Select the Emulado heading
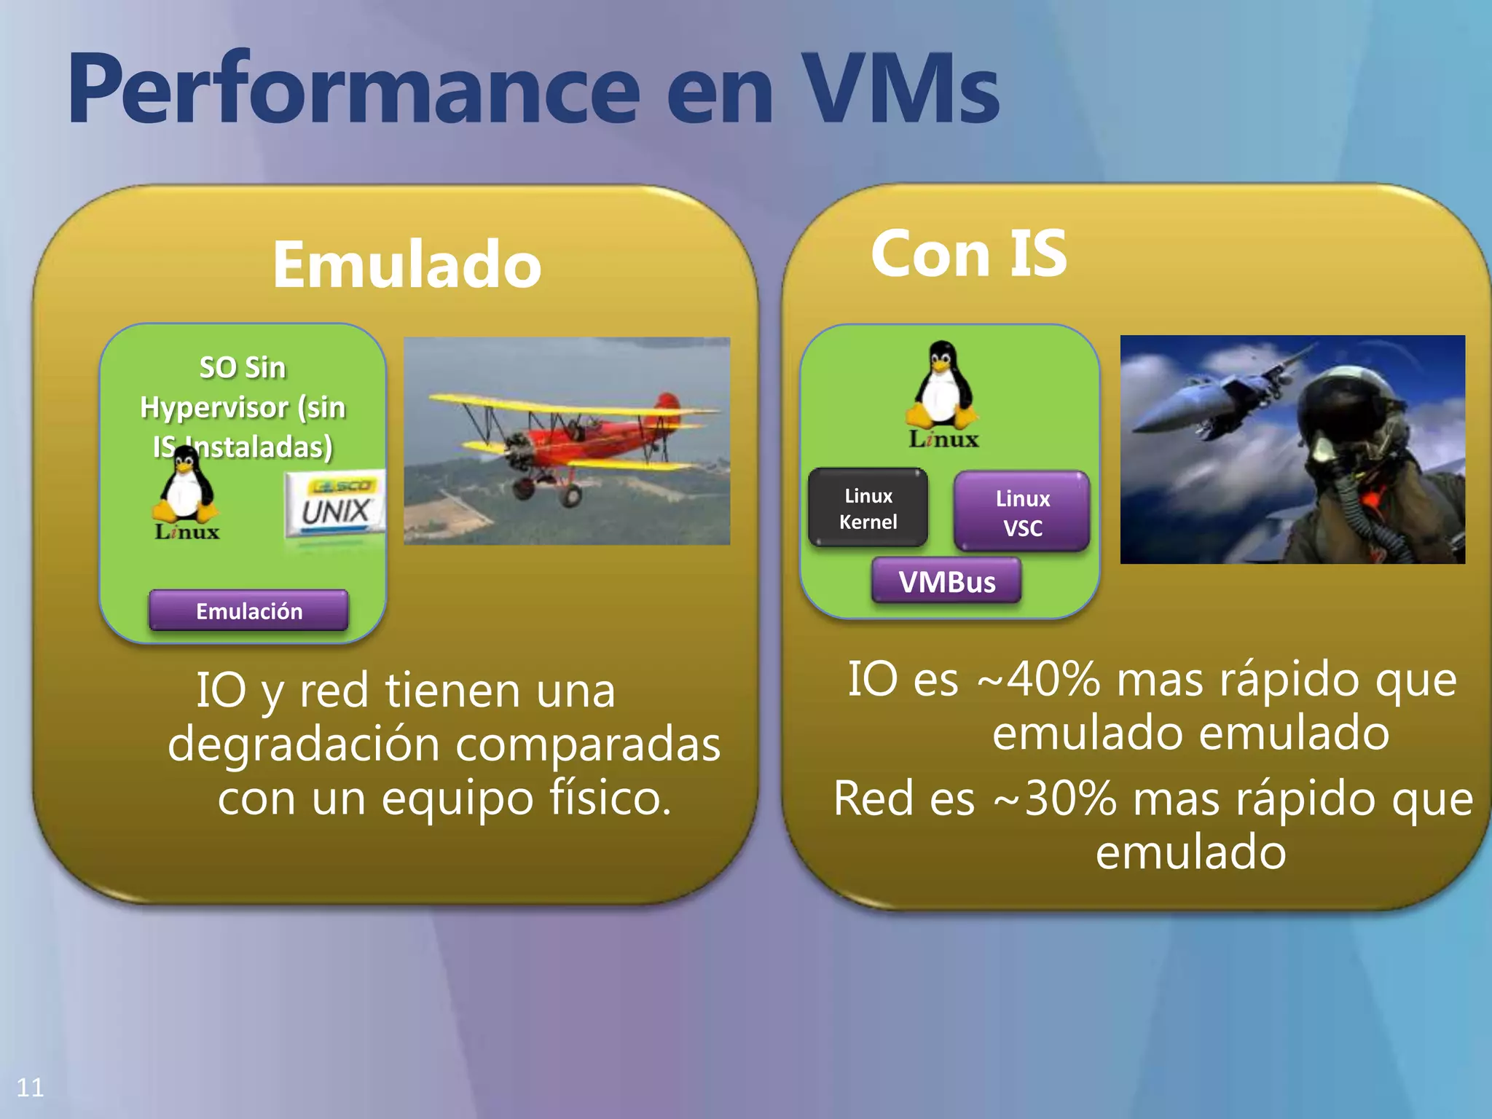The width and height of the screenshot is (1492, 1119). point(407,264)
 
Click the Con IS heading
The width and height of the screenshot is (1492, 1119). point(968,254)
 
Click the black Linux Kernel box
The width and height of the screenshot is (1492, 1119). point(868,509)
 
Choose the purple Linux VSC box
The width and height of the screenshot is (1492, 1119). point(1022,512)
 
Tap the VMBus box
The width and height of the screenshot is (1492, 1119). point(946,581)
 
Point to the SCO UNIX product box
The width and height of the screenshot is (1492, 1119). point(335,506)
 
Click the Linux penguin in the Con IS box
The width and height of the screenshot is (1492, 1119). point(942,386)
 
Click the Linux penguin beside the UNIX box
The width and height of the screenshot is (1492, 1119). point(186,488)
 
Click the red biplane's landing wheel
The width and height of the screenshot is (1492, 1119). point(570,495)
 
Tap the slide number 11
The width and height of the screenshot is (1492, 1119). point(30,1088)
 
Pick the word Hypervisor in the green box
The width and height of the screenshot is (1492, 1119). point(214,407)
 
